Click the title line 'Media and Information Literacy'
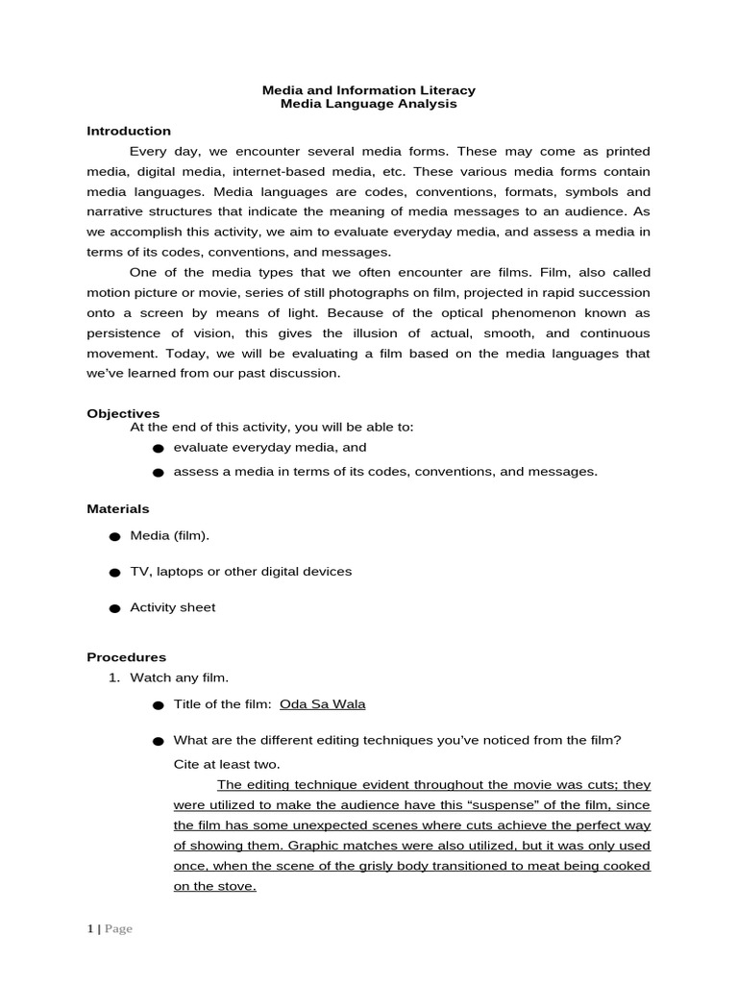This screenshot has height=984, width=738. click(369, 90)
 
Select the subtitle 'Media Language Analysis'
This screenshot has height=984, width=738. click(369, 105)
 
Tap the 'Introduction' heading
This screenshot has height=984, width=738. click(129, 131)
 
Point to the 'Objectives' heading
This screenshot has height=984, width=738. click(123, 412)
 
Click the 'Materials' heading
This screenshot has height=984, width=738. click(118, 508)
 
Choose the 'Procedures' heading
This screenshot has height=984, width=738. click(127, 657)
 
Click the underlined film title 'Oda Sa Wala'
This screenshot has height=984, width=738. click(322, 703)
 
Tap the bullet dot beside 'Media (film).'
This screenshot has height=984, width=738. click(114, 536)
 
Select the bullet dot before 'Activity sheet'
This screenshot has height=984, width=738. click(114, 608)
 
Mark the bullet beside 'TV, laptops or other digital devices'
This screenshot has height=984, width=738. click(114, 573)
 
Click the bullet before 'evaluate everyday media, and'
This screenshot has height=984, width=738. click(158, 449)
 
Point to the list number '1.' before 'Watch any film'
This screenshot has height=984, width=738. click(112, 678)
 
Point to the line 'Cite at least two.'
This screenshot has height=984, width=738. click(227, 764)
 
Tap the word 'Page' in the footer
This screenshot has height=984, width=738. click(118, 929)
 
